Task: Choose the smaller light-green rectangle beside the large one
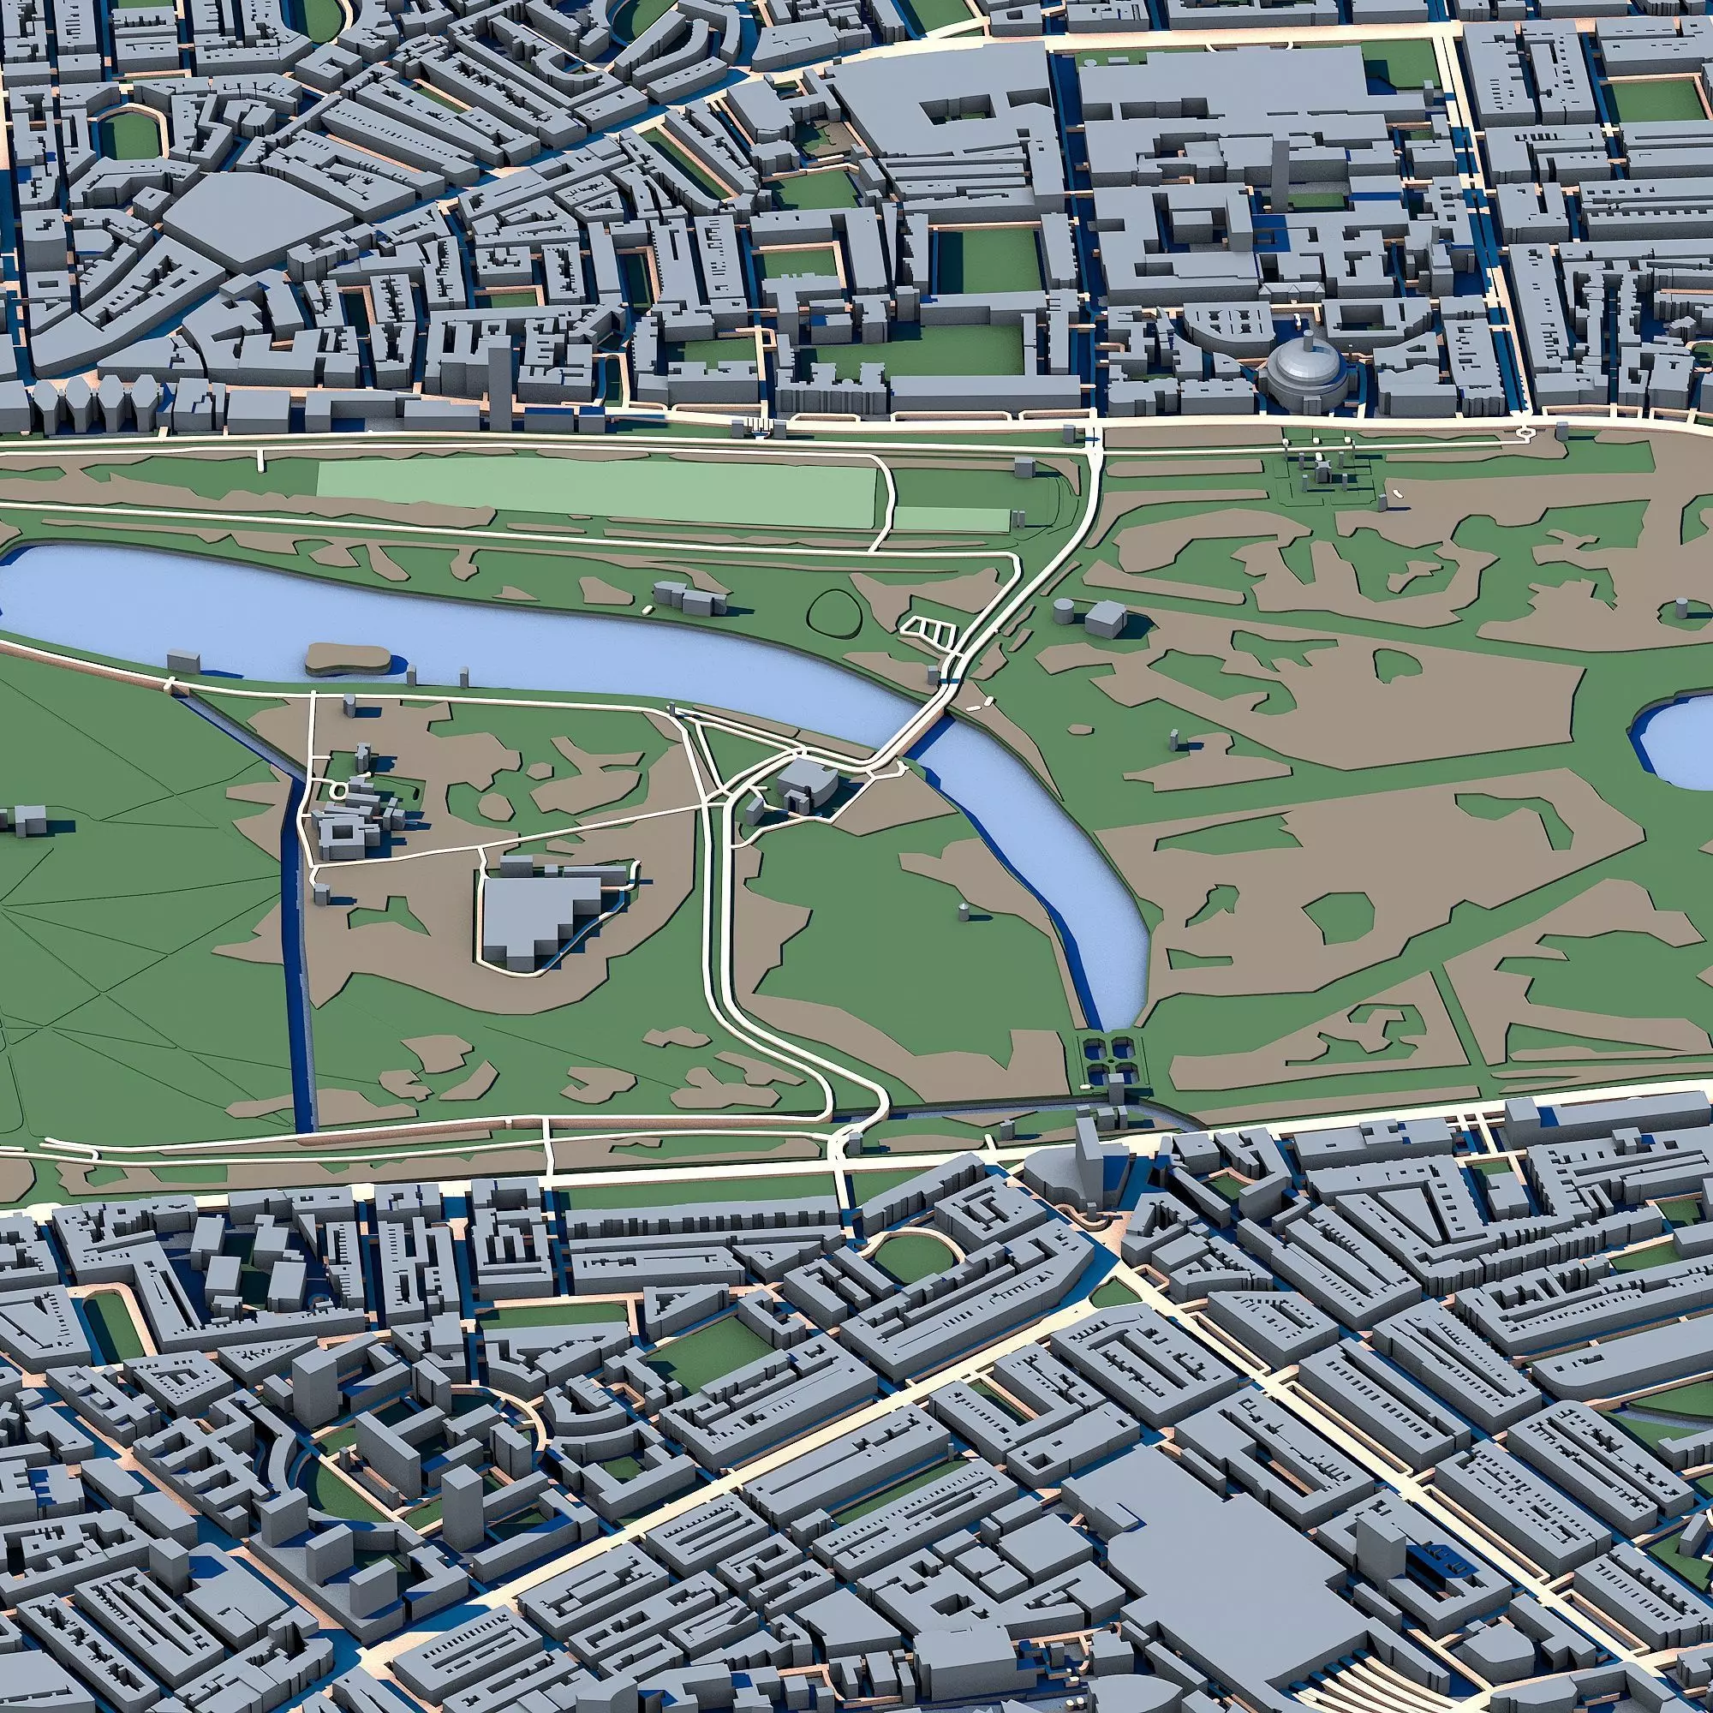[951, 519]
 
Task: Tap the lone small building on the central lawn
[964, 910]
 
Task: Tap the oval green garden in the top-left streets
[129, 135]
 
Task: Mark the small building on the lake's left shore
[184, 661]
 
